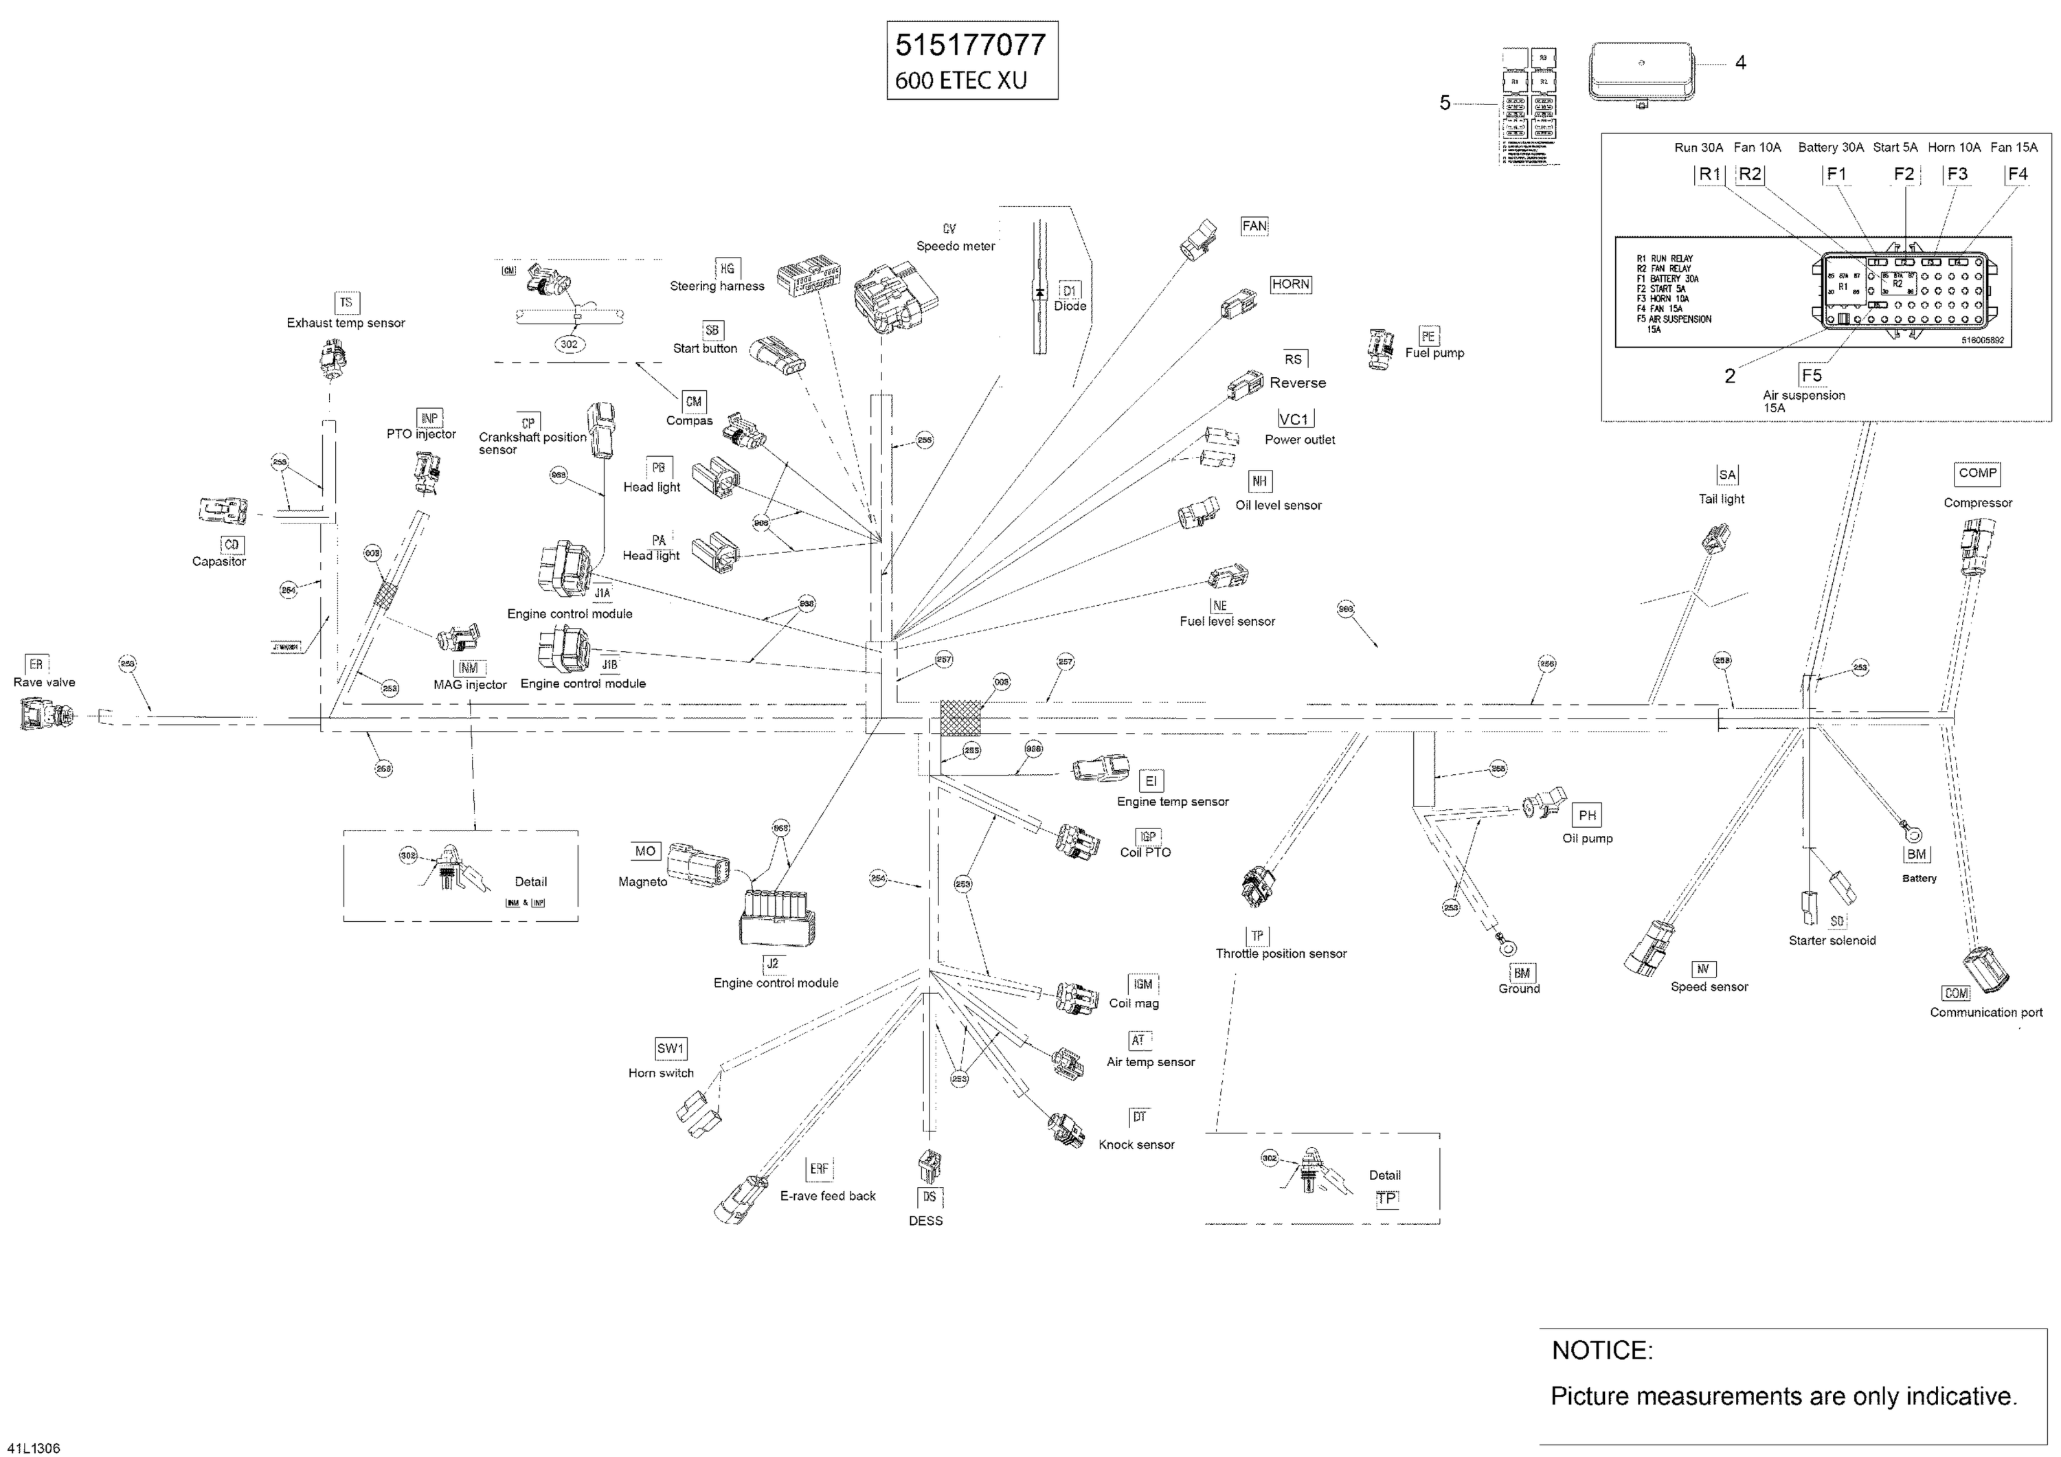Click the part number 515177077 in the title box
970,45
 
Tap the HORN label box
1291,284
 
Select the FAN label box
1254,226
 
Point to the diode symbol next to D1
1039,293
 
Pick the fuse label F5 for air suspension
1812,375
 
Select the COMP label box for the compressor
1977,473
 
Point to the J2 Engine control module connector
776,916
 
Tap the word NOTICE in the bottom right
1602,1350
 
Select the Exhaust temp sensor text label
346,323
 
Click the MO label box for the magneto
645,851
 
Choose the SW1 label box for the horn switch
671,1048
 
